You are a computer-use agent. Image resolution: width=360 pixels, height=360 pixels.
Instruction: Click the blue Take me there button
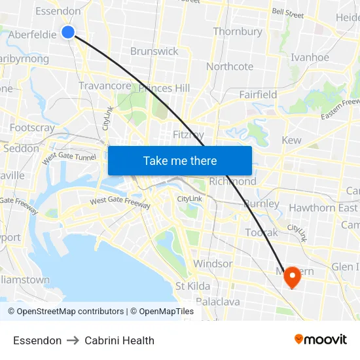tap(180, 161)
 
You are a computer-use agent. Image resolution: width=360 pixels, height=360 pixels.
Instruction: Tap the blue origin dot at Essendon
tap(68, 31)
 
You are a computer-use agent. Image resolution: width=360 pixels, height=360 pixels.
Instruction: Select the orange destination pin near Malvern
tap(291, 278)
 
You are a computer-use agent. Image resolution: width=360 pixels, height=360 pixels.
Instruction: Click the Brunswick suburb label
tap(154, 51)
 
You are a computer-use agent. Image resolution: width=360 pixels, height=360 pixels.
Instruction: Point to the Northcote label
tap(230, 67)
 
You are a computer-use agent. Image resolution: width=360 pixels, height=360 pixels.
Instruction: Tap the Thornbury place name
tap(238, 31)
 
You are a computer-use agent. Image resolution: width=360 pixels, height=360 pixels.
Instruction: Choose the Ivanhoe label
tap(310, 58)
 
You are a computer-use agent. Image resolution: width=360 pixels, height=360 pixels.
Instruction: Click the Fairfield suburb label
tap(258, 95)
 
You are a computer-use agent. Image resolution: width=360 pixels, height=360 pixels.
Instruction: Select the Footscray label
tap(32, 128)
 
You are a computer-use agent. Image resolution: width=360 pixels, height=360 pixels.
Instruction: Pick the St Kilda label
tap(192, 286)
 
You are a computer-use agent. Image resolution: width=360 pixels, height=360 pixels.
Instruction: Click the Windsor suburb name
tap(213, 264)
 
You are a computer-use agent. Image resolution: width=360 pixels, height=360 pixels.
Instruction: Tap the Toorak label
tap(262, 232)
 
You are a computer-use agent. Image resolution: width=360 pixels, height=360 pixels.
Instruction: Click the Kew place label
tap(291, 141)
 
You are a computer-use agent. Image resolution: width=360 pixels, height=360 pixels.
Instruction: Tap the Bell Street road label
tap(288, 13)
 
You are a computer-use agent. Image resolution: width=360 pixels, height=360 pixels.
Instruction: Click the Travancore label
tap(105, 86)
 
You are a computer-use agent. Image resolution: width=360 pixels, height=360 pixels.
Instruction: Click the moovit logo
tap(321, 339)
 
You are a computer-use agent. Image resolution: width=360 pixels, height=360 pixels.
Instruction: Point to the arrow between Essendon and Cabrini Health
tap(73, 340)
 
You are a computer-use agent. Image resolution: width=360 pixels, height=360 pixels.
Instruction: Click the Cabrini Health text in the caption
tap(119, 340)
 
